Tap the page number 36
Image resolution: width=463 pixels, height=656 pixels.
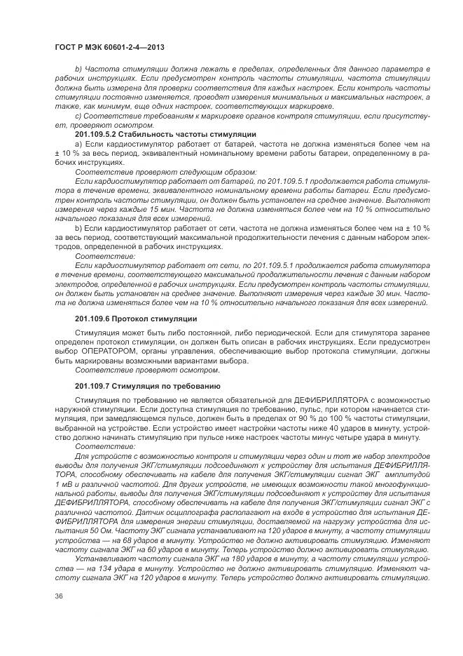(58, 616)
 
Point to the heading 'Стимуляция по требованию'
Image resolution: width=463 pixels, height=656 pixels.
(167, 387)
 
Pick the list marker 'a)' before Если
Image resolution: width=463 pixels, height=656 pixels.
(78, 142)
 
